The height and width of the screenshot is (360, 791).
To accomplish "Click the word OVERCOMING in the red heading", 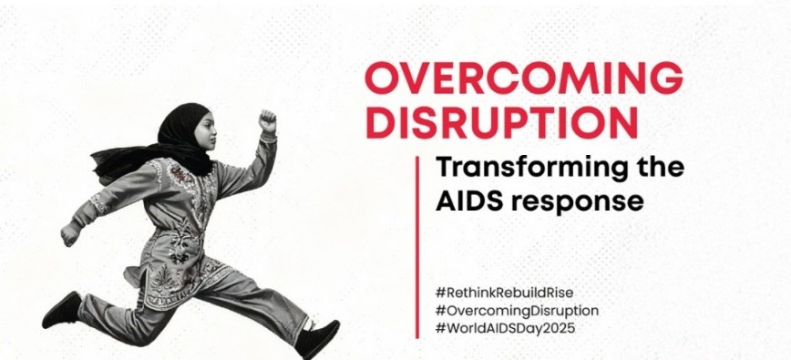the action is tap(524, 77).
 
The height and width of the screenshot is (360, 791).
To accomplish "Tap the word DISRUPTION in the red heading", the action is tap(501, 121).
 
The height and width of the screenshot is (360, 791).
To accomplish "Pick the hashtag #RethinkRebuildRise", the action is tap(504, 293).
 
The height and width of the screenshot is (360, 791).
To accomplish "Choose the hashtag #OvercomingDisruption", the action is tap(517, 311).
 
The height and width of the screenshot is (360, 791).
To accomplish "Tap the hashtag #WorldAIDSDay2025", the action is tap(505, 329).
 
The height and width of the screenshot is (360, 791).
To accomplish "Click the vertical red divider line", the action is tap(417, 247).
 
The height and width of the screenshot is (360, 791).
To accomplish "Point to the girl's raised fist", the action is tap(268, 121).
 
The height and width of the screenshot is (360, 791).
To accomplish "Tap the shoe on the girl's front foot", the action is tap(317, 338).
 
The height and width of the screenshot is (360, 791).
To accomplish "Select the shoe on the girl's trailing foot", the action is tap(62, 310).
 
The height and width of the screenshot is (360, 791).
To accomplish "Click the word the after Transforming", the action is tap(660, 168).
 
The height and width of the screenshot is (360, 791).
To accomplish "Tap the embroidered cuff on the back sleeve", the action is tap(98, 204).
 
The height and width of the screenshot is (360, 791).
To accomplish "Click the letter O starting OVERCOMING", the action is tap(382, 77).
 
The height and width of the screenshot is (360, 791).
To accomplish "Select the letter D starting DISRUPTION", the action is tap(380, 121).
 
